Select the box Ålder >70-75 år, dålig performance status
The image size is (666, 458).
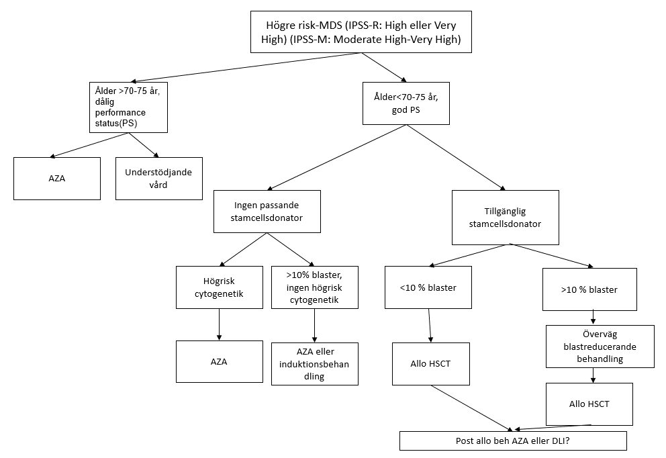[128, 106]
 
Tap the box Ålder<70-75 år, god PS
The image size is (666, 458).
[405, 103]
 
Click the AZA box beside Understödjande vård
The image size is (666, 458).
[57, 178]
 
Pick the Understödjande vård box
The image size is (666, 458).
[158, 178]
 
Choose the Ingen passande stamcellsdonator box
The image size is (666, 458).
[268, 211]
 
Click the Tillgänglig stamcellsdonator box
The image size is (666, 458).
[506, 216]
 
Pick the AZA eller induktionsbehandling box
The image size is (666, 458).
[314, 364]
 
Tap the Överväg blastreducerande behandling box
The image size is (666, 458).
[591, 347]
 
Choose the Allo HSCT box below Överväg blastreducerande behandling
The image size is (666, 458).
[589, 404]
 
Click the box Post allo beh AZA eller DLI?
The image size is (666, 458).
[513, 441]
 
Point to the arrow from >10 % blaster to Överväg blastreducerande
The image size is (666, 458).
[592, 318]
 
